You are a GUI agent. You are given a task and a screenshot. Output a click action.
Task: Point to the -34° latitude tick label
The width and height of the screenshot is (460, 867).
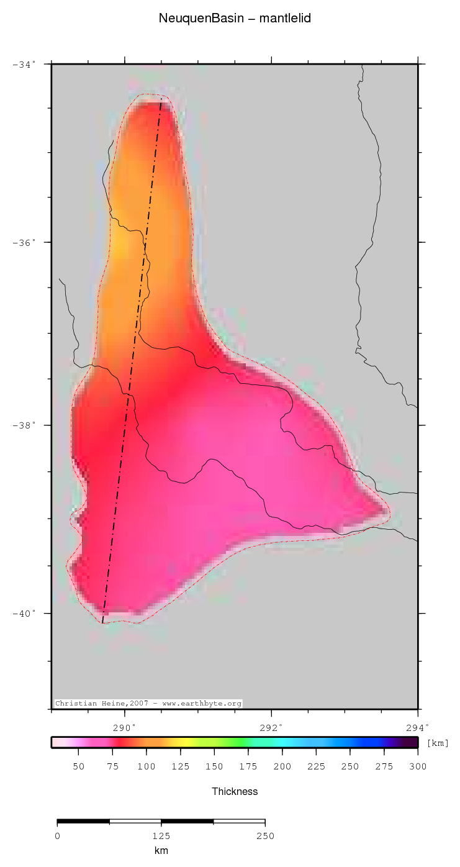click(x=24, y=64)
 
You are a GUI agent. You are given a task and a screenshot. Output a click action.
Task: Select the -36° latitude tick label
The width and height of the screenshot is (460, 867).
click(x=24, y=242)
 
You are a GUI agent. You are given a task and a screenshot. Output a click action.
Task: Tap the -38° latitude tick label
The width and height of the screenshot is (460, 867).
click(x=24, y=425)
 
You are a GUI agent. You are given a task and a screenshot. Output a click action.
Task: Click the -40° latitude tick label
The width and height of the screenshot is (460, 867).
click(x=24, y=614)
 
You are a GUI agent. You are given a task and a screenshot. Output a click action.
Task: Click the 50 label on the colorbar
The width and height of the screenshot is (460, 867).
click(x=79, y=767)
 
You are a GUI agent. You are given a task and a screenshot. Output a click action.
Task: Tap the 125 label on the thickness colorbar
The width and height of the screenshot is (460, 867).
click(x=181, y=767)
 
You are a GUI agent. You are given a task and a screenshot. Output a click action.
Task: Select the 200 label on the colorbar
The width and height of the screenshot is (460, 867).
click(x=282, y=767)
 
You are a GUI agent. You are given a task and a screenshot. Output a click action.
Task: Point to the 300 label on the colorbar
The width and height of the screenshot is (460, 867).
click(x=418, y=767)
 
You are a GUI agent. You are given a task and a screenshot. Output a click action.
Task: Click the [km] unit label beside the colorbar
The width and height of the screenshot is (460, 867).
click(x=438, y=743)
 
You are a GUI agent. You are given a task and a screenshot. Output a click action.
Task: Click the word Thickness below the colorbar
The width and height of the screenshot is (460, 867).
click(x=235, y=791)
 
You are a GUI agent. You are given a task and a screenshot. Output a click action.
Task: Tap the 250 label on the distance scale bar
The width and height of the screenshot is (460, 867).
click(x=265, y=836)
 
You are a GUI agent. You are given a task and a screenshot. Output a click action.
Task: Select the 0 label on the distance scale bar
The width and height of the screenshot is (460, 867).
click(x=57, y=836)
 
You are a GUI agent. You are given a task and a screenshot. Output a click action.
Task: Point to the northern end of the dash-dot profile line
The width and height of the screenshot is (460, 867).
click(x=161, y=99)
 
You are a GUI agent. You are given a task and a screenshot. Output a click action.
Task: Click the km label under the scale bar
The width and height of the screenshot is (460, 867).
click(x=161, y=851)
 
